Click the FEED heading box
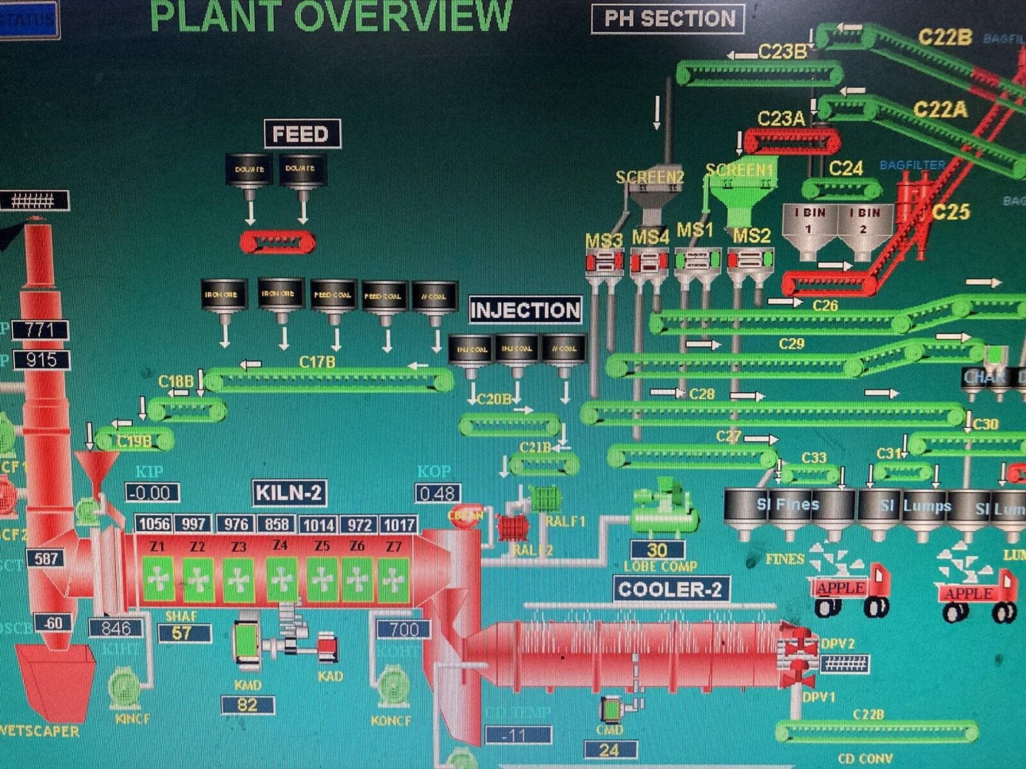point(301,134)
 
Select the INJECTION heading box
point(525,311)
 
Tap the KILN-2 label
point(289,493)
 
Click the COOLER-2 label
point(670,589)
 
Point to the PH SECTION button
point(668,19)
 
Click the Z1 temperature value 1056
point(155,524)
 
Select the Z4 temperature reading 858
point(277,524)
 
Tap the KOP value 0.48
point(438,493)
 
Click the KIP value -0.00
point(152,493)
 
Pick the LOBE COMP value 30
point(657,550)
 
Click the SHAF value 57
point(182,633)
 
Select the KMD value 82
point(248,705)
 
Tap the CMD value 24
point(610,750)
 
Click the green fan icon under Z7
point(393,579)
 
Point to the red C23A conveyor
point(792,142)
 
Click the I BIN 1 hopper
point(809,231)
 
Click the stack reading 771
point(40,330)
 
